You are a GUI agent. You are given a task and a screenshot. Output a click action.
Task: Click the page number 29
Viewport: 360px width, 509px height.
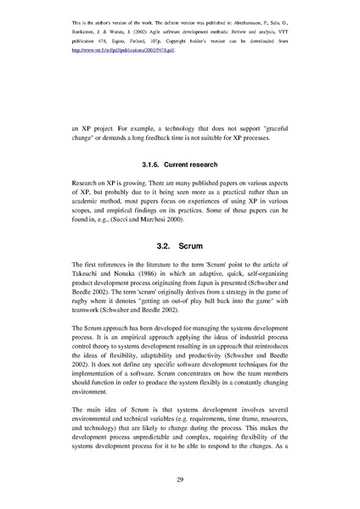coord(180,480)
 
